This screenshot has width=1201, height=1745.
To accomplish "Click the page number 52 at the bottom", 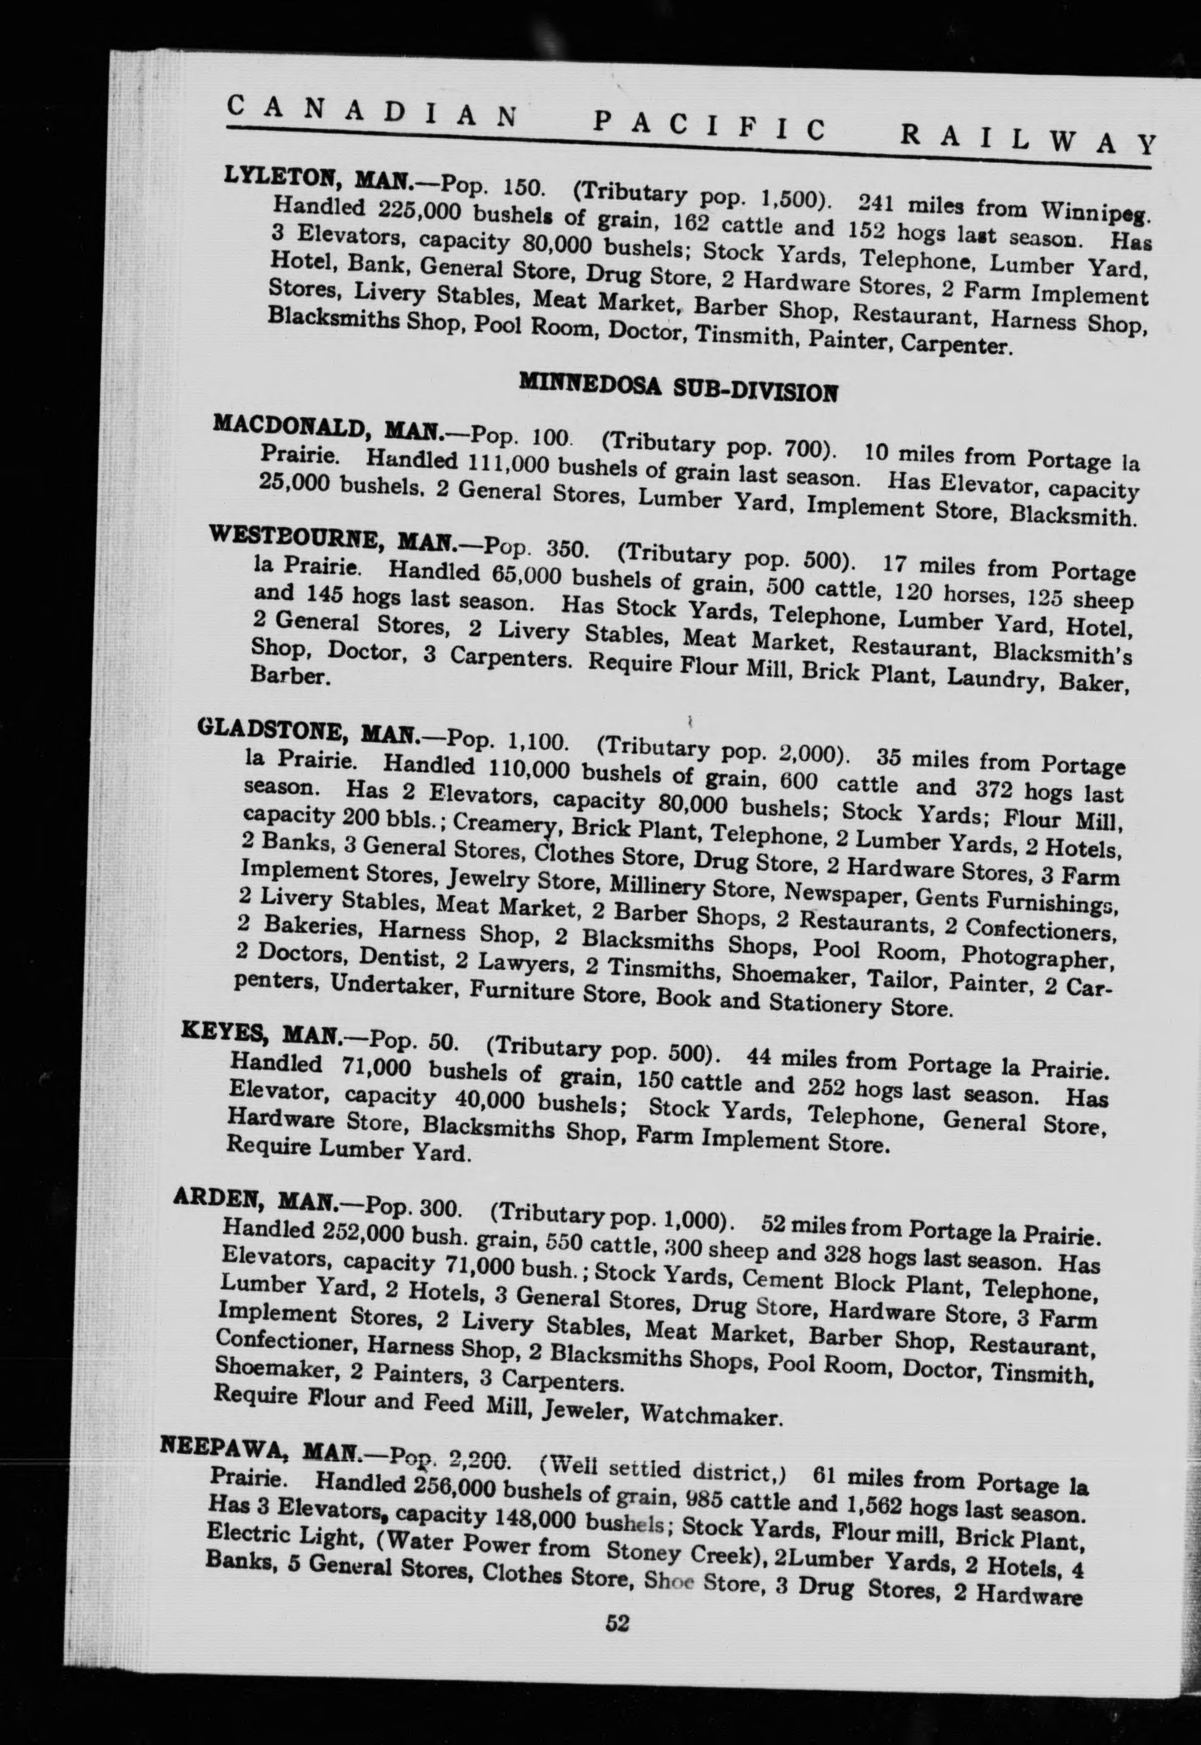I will [x=617, y=1703].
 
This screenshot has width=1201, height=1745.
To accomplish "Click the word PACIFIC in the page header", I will [x=706, y=125].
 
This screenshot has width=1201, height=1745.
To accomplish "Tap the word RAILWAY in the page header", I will [x=1027, y=140].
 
